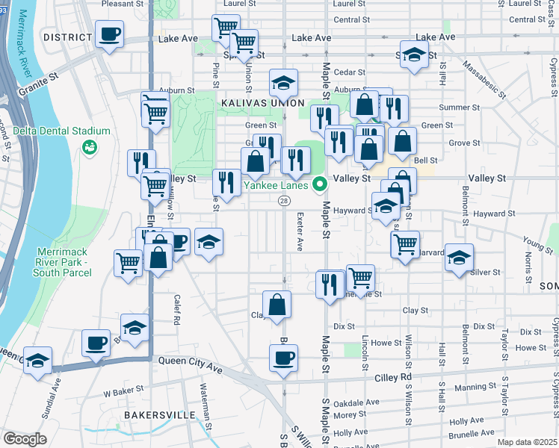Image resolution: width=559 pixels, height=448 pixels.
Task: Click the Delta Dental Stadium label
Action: click(61, 131)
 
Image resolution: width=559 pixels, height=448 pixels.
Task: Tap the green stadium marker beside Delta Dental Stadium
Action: click(90, 148)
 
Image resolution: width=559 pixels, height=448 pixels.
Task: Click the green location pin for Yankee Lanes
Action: click(320, 183)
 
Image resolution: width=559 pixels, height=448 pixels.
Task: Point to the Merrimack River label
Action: click(19, 37)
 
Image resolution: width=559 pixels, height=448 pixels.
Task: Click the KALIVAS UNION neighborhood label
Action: click(262, 102)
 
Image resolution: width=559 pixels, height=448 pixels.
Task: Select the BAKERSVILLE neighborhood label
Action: click(160, 414)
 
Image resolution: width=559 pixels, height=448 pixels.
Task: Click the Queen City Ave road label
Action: click(191, 359)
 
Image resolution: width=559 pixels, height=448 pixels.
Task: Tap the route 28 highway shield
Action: click(284, 200)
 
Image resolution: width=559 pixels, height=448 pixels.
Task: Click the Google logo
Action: click(25, 438)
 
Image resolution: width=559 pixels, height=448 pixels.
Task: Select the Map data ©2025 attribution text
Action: click(527, 442)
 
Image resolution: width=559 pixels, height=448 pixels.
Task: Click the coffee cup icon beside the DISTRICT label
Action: click(109, 34)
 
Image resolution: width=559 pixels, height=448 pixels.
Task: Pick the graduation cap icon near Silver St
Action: click(459, 257)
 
